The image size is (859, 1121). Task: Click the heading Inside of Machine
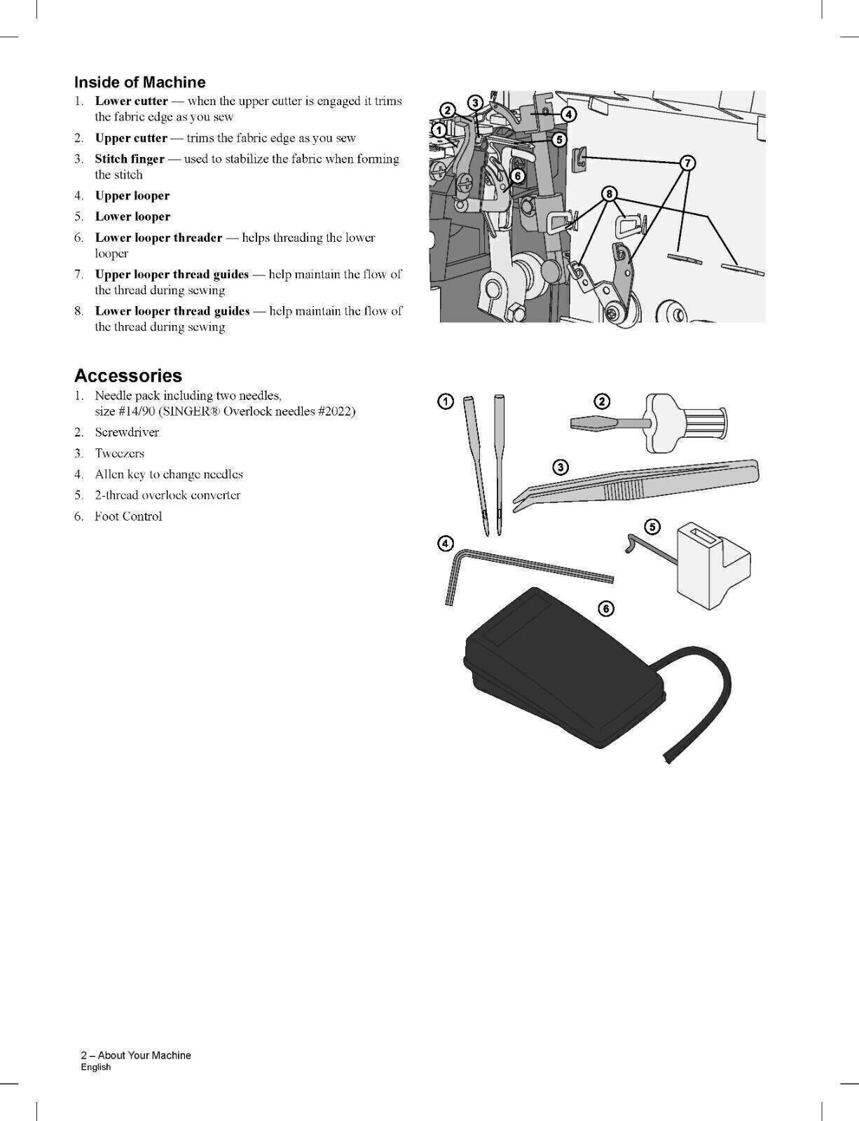pos(139,83)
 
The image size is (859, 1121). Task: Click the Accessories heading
pos(128,376)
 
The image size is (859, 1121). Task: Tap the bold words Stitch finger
pos(130,159)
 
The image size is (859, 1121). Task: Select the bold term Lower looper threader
pos(158,238)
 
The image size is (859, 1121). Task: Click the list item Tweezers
pos(119,453)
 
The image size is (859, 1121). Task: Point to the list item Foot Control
pos(128,516)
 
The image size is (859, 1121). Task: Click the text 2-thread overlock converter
pos(167,495)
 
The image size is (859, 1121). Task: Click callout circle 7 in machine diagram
pos(687,163)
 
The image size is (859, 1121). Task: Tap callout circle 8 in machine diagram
pos(610,193)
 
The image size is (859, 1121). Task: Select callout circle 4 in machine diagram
pos(569,114)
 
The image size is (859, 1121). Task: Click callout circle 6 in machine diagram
pos(517,176)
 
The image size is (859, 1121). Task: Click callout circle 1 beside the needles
pos(446,401)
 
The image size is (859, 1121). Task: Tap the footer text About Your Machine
pos(144,1055)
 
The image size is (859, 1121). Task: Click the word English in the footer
pos(96,1067)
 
